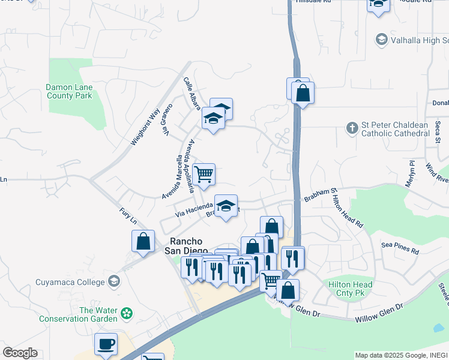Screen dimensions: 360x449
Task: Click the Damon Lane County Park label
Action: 69,91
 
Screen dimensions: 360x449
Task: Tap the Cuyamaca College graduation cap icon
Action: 113,281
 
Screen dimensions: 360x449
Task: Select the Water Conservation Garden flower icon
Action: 126,313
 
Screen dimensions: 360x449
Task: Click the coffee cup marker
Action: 106,344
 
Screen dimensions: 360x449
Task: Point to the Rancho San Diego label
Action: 186,246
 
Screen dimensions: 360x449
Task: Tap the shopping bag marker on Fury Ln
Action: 143,241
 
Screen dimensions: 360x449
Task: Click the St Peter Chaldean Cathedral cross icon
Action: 352,127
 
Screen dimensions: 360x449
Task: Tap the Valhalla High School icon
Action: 381,40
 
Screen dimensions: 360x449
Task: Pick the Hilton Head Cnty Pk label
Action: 350,289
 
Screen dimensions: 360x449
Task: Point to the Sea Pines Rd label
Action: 400,245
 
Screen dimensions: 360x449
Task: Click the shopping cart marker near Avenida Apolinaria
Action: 204,175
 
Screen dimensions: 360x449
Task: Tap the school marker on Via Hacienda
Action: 226,206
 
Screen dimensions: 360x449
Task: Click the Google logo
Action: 20,353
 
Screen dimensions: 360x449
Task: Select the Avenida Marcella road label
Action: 171,178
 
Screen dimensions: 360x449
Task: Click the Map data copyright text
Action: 401,355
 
